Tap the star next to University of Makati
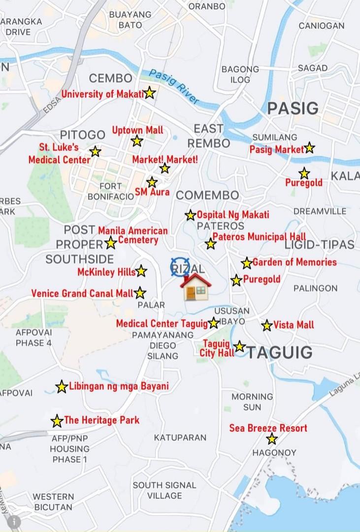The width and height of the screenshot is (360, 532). coord(149,93)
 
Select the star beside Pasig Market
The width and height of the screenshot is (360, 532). coord(309,147)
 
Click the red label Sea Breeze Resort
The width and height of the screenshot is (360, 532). coord(268,428)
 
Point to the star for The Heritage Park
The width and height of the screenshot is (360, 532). coord(57,421)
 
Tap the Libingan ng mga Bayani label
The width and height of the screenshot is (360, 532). coord(119,386)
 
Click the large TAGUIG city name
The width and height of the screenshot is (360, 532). coord(279,352)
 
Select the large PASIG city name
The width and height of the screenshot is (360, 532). coord(293,108)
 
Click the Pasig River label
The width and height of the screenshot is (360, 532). coord(174,87)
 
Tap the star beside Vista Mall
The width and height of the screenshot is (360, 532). coord(267,325)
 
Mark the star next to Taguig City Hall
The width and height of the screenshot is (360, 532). coord(239,346)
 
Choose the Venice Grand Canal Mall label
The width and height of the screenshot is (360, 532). coord(82,294)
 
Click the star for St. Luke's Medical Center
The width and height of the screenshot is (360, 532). coord(95,151)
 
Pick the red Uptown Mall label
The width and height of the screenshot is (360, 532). coord(137,130)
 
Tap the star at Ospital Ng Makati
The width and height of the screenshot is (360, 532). coord(190,215)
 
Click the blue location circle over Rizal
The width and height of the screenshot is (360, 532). coord(180,266)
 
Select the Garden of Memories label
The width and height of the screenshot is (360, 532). coord(295,262)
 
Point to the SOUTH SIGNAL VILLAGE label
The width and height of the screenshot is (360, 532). coord(164,490)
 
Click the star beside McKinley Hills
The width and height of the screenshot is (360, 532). coord(141,271)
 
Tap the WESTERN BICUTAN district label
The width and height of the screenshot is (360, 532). coord(53,501)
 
